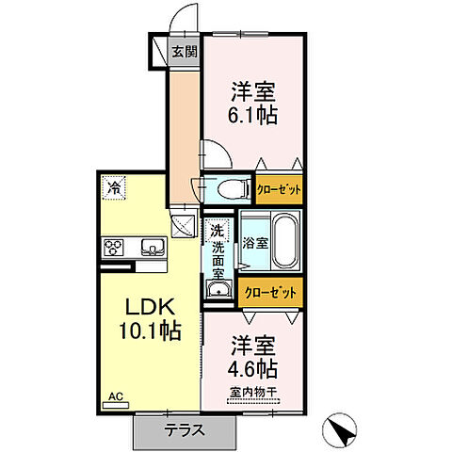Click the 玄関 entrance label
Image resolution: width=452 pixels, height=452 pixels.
point(185,52)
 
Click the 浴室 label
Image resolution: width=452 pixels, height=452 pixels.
point(255,243)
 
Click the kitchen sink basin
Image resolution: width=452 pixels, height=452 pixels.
point(153,248)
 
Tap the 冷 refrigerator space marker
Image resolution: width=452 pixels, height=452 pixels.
point(114,187)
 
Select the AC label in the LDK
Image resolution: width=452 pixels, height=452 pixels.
point(116,396)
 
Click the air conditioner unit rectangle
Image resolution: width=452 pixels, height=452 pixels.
point(116,405)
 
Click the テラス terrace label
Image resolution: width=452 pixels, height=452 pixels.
point(185,430)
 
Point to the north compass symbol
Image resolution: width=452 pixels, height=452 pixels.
point(340,429)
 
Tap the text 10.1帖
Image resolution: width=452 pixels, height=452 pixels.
point(151,331)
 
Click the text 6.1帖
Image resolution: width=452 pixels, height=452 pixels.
point(252,115)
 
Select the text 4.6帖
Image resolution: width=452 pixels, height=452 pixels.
point(252,368)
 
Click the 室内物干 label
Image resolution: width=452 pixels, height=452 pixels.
point(253,392)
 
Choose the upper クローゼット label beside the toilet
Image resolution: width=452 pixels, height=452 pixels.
point(279,189)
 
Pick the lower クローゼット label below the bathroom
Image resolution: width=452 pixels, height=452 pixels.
point(270,293)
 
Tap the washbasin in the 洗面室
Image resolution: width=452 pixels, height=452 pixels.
point(218,289)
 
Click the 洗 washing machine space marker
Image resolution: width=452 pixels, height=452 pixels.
point(218,231)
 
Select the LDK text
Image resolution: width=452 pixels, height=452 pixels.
point(151,307)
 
